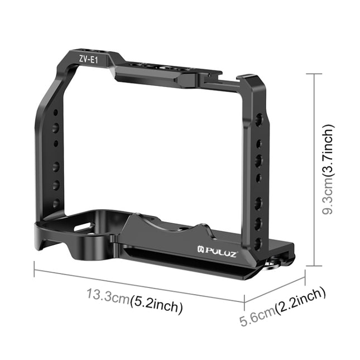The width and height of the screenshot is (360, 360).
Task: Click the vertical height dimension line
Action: pyautogui.click(x=316, y=170)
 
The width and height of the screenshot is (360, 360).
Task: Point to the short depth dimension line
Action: pyautogui.click(x=274, y=287)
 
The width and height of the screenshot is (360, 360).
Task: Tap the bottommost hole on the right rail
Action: pyautogui.click(x=258, y=243)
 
